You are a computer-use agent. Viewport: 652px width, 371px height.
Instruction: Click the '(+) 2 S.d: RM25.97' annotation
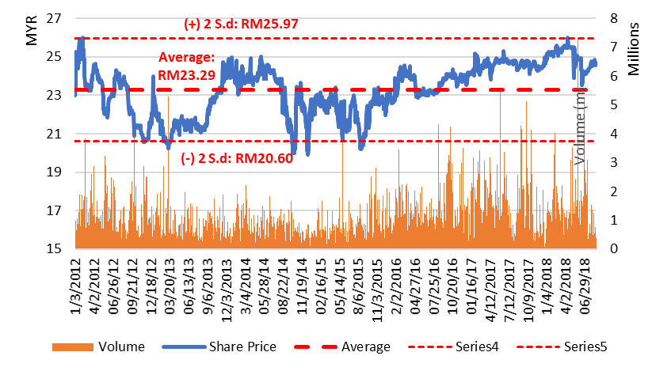[x=241, y=25]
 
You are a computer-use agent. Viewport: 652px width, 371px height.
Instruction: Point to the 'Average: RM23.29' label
[x=187, y=66]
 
